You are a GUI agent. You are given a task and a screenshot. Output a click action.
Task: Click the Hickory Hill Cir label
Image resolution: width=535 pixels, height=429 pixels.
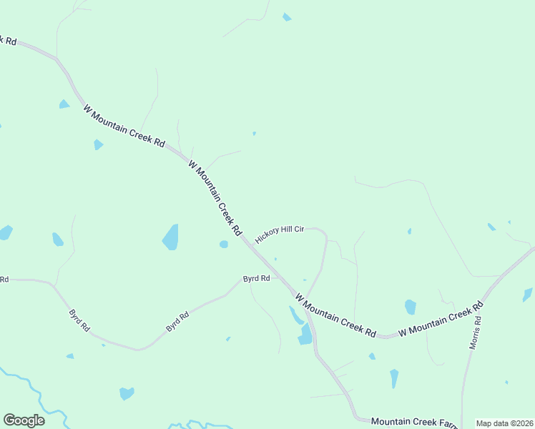point(280,233)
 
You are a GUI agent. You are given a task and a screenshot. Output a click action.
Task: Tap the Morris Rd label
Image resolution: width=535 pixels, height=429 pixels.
point(476,330)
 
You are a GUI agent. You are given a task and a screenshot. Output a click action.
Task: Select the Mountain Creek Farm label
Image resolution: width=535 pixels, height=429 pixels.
point(413,423)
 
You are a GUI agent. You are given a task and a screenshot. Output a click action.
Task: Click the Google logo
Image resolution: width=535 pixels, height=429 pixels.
point(24,420)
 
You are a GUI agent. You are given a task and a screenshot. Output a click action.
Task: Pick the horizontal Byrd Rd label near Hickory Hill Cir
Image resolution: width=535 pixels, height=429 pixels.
point(256,278)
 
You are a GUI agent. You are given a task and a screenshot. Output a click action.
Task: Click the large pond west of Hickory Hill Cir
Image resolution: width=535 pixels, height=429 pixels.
point(170,237)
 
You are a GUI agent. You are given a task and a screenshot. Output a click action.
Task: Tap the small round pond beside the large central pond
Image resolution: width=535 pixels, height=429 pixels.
point(224,245)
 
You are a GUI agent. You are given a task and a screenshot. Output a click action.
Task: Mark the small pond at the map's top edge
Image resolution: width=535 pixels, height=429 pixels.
point(287,17)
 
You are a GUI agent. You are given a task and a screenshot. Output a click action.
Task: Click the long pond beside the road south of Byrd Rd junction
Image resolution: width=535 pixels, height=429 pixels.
point(305,334)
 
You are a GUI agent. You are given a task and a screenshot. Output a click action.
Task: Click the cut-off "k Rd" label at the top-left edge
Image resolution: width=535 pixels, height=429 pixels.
point(8,40)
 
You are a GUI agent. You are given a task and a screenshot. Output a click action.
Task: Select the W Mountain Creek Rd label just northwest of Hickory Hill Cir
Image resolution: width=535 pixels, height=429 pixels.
point(215,198)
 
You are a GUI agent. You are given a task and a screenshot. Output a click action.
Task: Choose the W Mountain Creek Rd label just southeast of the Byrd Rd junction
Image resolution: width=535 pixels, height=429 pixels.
point(335,316)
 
